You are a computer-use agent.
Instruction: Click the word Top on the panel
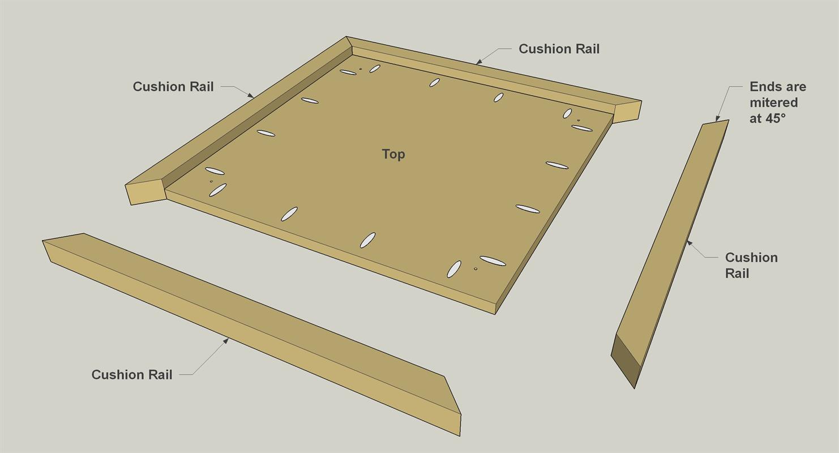pyautogui.click(x=393, y=154)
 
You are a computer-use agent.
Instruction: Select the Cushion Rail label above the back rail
pyautogui.click(x=559, y=49)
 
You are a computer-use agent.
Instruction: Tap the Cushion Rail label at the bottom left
pyautogui.click(x=132, y=374)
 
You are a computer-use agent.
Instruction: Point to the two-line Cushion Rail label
pyautogui.click(x=751, y=265)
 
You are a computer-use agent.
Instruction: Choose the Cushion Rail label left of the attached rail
pyautogui.click(x=173, y=87)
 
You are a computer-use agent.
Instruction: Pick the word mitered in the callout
pyautogui.click(x=773, y=102)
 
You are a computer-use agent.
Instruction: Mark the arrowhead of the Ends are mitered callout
pyautogui.click(x=717, y=119)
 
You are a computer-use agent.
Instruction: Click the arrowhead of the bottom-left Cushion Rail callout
pyautogui.click(x=226, y=340)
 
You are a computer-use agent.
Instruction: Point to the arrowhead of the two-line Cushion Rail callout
pyautogui.click(x=689, y=243)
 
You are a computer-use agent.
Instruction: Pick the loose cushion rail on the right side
pyautogui.click(x=670, y=254)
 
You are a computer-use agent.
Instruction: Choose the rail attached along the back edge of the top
pyautogui.click(x=494, y=79)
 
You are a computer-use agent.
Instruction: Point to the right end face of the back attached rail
pyautogui.click(x=628, y=112)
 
